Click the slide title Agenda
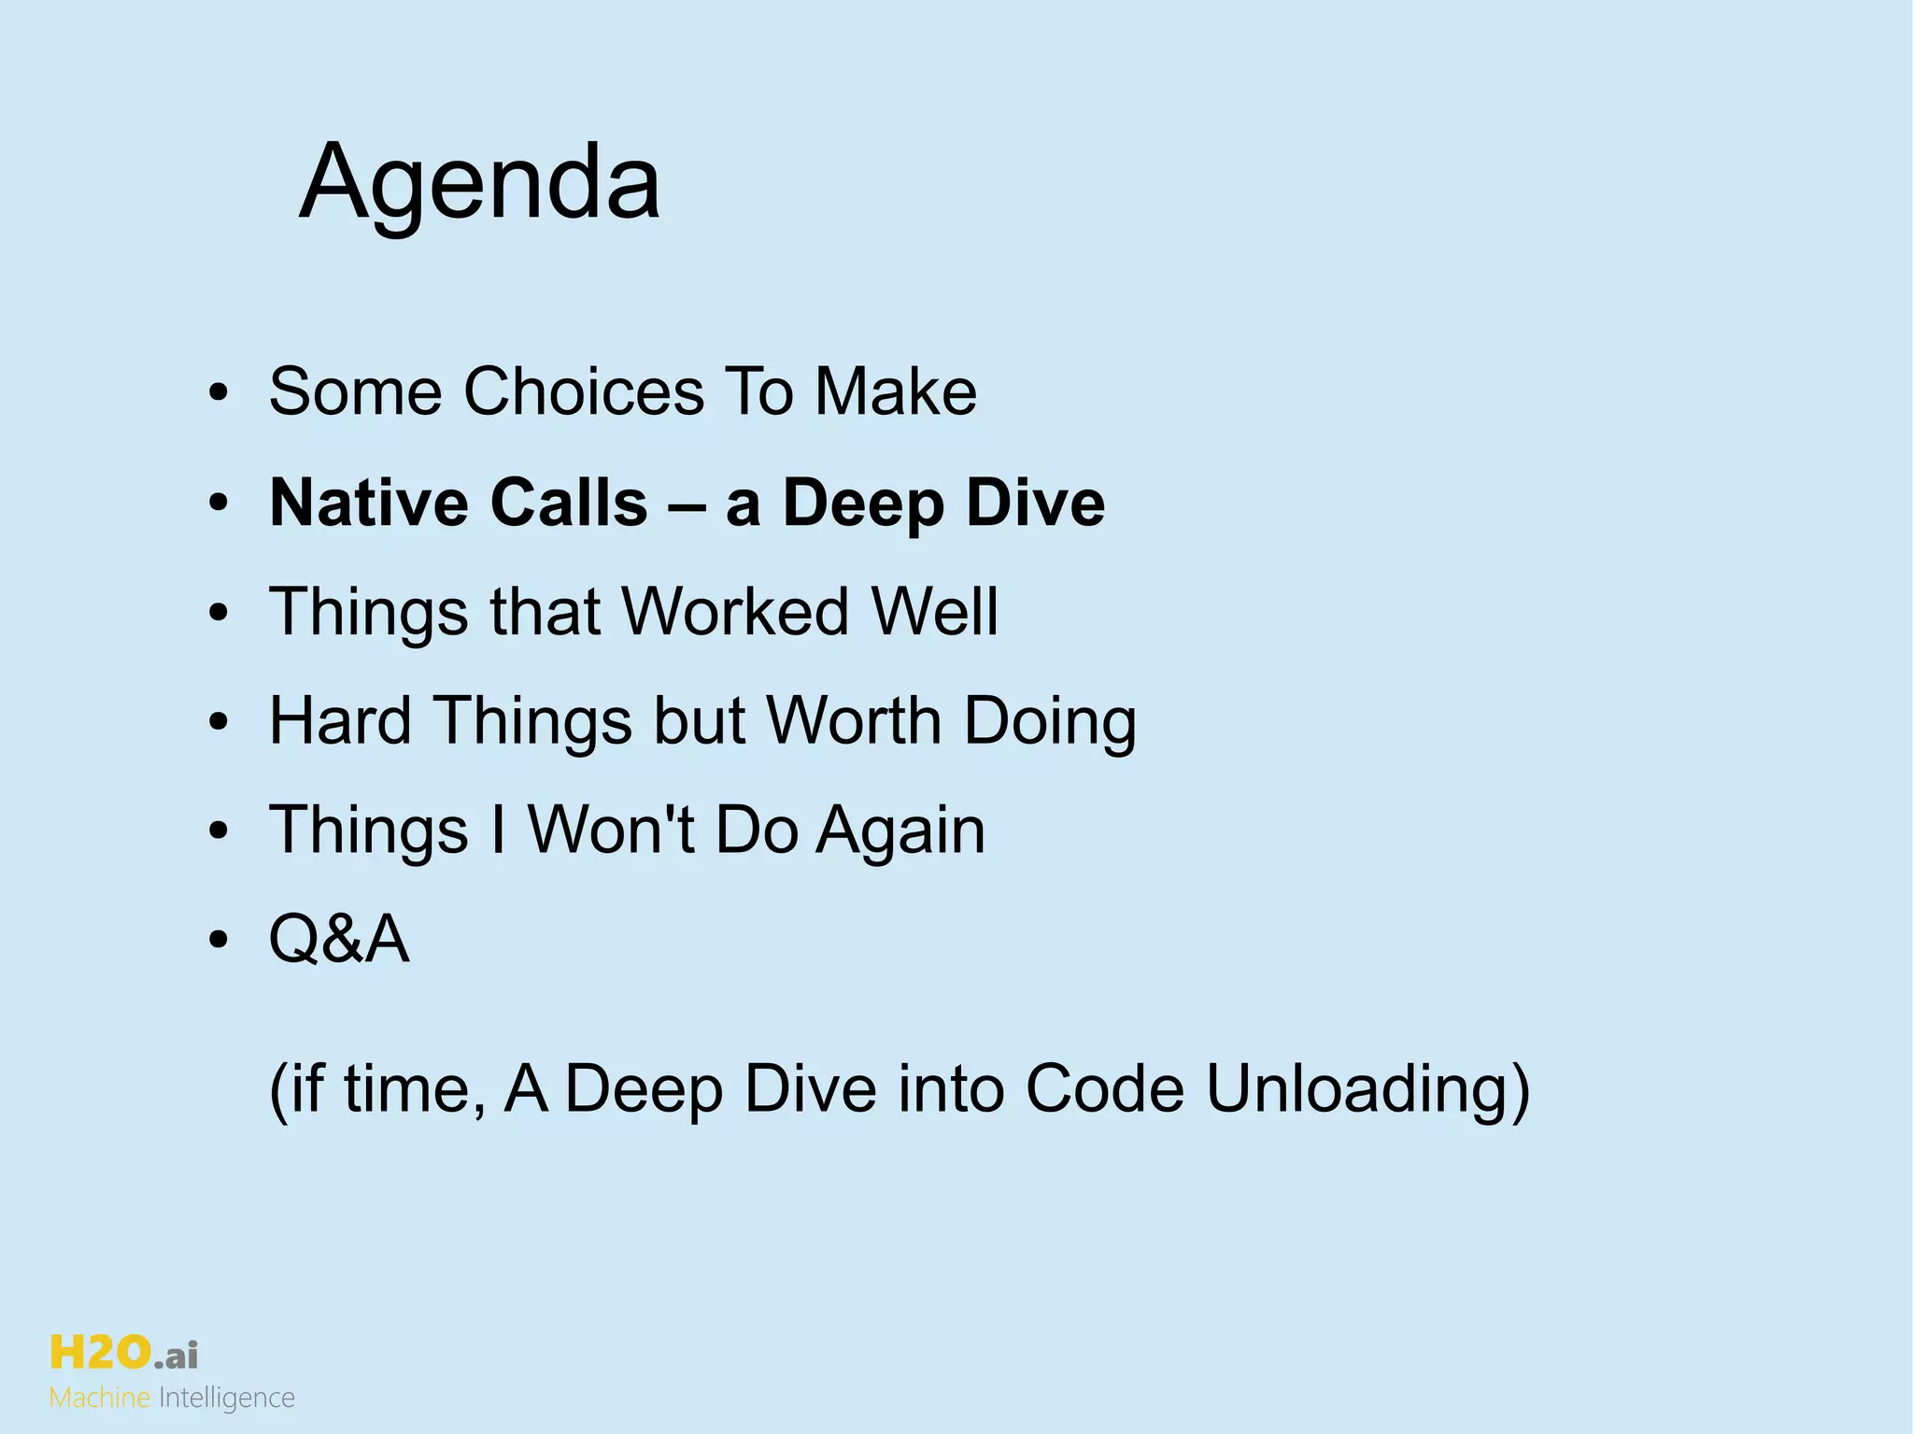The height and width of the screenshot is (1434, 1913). [x=479, y=181]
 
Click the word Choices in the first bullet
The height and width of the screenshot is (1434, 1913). [x=584, y=390]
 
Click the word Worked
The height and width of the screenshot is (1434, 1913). [x=735, y=612]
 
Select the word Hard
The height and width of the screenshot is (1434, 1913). [x=340, y=720]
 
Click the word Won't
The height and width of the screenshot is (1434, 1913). [x=611, y=830]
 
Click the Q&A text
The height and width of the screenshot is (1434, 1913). [x=339, y=939]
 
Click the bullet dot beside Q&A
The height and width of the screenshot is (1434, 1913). [x=219, y=940]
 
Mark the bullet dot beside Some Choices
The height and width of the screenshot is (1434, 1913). [x=219, y=392]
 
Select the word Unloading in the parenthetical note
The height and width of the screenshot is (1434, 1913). [x=1367, y=1089]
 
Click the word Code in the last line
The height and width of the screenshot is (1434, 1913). [x=1105, y=1089]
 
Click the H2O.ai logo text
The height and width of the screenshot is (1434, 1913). [x=123, y=1353]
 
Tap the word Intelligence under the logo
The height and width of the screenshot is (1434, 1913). [x=227, y=1399]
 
